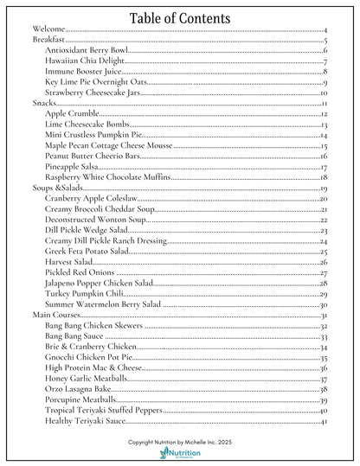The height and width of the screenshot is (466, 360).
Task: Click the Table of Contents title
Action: pyautogui.click(x=180, y=18)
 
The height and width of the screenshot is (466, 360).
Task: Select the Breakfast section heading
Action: pyautogui.click(x=50, y=41)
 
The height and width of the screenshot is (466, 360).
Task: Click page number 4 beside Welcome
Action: pyautogui.click(x=324, y=31)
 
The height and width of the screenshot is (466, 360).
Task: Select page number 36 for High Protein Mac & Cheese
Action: pyautogui.click(x=323, y=368)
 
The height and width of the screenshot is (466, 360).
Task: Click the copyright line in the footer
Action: pyautogui.click(x=179, y=441)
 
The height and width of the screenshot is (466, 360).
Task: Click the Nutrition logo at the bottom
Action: pyautogui.click(x=180, y=454)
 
